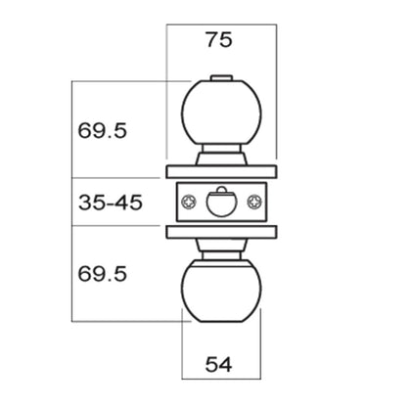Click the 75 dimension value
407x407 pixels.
point(219,40)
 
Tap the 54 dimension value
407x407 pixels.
point(218,364)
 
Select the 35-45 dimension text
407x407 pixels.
point(111,203)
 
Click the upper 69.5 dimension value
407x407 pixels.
point(102,131)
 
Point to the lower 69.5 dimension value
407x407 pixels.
point(102,274)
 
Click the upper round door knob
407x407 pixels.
point(221,113)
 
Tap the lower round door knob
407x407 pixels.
point(221,292)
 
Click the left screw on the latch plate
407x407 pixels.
point(189,203)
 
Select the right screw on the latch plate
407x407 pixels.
point(254,203)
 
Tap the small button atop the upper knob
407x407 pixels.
point(221,78)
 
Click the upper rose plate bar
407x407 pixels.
point(221,172)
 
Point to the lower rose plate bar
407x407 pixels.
point(221,232)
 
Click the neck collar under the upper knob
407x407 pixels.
point(221,155)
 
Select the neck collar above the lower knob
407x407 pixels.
point(221,249)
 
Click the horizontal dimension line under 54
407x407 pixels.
point(221,379)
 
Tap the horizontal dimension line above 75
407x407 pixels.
point(221,24)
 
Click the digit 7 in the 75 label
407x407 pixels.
point(212,40)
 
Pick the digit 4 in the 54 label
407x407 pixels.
point(226,364)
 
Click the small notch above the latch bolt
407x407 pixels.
point(221,189)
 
